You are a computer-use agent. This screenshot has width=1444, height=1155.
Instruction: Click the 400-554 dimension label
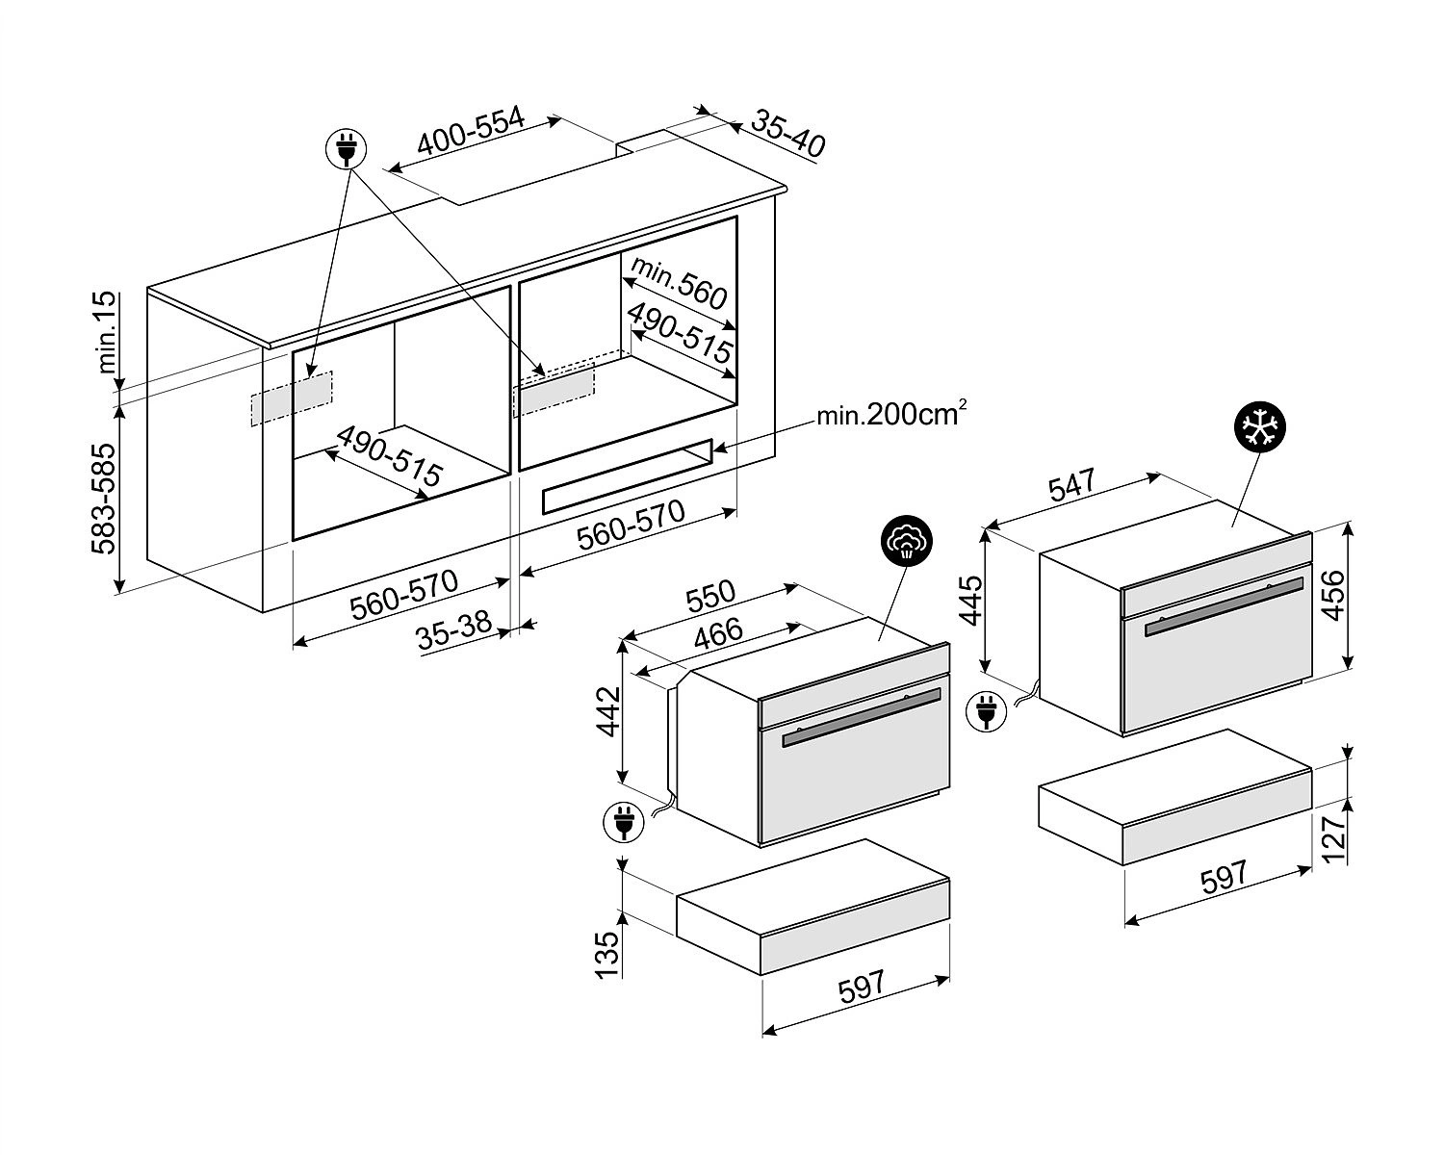(x=471, y=132)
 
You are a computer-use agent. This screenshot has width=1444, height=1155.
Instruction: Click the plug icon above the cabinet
(x=348, y=149)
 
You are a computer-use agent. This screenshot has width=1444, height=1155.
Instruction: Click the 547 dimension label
(x=1072, y=484)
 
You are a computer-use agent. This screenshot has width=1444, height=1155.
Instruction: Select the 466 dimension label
(x=717, y=634)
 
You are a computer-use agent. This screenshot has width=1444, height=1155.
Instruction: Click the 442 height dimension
(x=608, y=712)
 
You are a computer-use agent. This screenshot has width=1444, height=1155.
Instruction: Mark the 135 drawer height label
(x=608, y=954)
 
